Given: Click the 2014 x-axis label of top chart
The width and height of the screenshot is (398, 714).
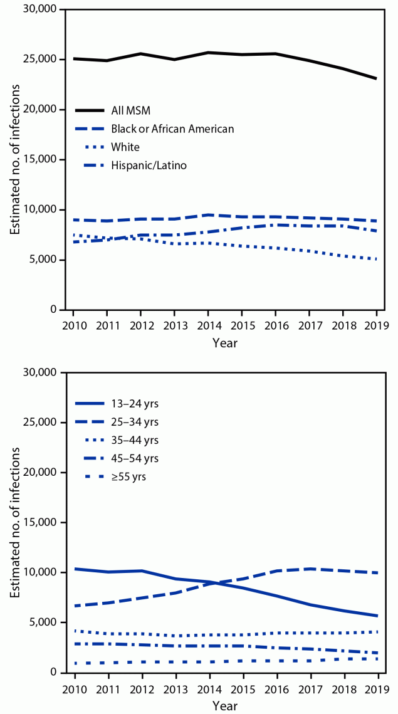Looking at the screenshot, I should pyautogui.click(x=209, y=325).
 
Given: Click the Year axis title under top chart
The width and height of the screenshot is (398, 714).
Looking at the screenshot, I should pyautogui.click(x=224, y=343).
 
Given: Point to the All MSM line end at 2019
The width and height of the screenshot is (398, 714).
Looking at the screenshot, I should pyautogui.click(x=376, y=78).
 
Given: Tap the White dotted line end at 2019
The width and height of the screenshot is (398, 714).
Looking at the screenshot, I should pyautogui.click(x=376, y=259).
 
